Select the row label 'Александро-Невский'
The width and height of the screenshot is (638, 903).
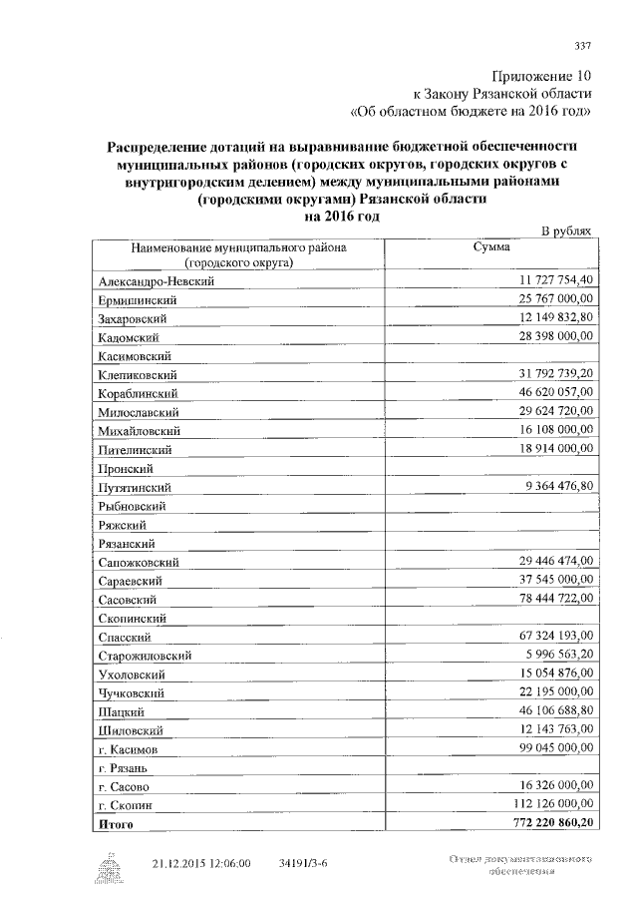pyautogui.click(x=158, y=282)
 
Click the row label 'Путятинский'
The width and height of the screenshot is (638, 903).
pyautogui.click(x=135, y=487)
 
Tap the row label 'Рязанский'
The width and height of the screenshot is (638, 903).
pyautogui.click(x=126, y=544)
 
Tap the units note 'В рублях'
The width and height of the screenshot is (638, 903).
pyautogui.click(x=565, y=230)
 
